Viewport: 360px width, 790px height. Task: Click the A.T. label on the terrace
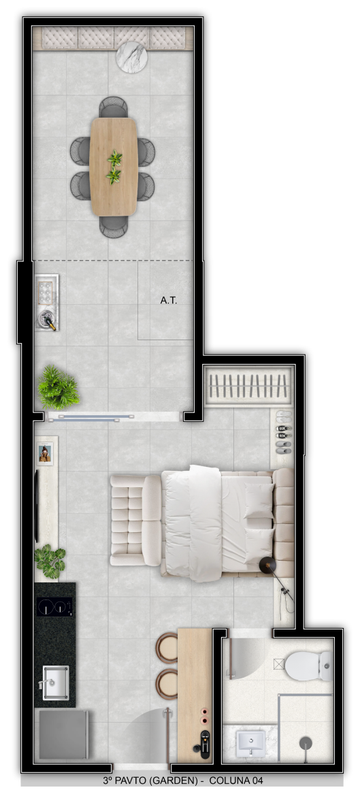click(x=168, y=300)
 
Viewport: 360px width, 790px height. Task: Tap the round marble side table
click(x=132, y=57)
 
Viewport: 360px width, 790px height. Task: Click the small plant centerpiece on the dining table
click(x=114, y=167)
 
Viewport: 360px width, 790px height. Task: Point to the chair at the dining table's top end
click(x=114, y=107)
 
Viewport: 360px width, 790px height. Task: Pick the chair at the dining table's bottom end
click(x=114, y=226)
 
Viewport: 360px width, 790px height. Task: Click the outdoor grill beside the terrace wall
click(x=46, y=302)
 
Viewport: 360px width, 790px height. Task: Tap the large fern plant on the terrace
click(x=58, y=387)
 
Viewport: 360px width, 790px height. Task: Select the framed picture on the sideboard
click(x=45, y=453)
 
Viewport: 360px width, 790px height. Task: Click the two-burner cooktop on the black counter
click(x=54, y=606)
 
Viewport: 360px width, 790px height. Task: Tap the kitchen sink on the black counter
click(x=55, y=682)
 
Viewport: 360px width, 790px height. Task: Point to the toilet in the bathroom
click(x=308, y=665)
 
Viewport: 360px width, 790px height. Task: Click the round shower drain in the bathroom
click(x=306, y=742)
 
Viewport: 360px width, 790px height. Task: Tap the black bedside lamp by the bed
click(x=267, y=566)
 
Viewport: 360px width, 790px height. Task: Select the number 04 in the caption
click(x=256, y=781)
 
